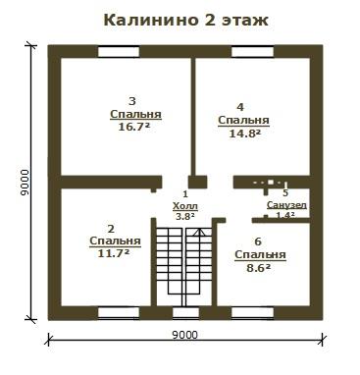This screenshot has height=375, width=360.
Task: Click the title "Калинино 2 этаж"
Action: point(185,21)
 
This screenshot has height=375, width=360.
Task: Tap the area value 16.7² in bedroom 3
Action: point(135,127)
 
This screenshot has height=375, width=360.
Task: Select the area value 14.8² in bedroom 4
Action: point(244,133)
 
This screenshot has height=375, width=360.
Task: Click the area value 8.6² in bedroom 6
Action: point(258,268)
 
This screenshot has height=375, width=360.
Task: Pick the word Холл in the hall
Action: point(185,206)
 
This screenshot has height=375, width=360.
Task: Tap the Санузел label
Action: point(286,205)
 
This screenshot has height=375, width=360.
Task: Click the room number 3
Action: point(132,101)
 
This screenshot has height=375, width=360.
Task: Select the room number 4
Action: point(240,107)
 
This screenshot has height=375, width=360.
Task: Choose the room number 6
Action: point(258,241)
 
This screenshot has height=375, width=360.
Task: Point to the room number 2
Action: point(111,229)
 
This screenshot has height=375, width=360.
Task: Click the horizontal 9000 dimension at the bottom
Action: point(185,335)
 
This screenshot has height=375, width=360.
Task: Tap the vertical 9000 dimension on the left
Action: point(25,183)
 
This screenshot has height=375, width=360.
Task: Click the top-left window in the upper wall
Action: point(119,52)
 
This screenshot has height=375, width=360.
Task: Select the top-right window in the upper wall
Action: point(253,52)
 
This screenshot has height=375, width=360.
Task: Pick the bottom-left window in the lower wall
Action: point(119,312)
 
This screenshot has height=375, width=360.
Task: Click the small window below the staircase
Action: point(185,312)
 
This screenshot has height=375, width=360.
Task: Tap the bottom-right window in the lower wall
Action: point(252,312)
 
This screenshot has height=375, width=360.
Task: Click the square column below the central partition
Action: point(198,182)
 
